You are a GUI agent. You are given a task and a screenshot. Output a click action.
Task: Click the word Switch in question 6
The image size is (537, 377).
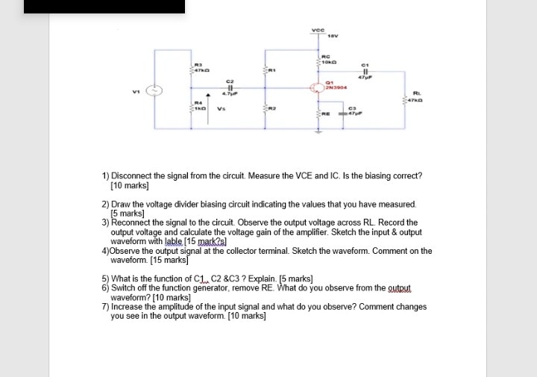[124, 287]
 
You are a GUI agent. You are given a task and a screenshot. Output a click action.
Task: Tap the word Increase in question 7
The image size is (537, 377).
[128, 307]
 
